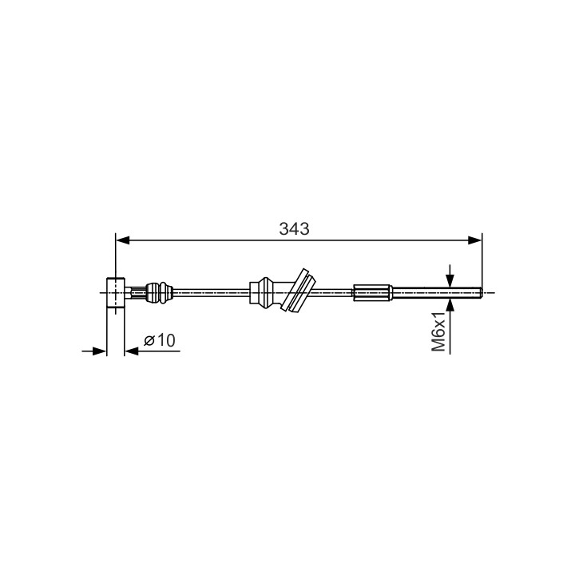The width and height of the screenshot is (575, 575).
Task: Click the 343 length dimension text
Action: click(294, 229)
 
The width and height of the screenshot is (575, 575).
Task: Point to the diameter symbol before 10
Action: click(149, 340)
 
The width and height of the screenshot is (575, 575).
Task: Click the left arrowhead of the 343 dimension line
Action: click(122, 240)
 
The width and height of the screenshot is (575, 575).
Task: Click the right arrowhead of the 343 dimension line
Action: click(475, 240)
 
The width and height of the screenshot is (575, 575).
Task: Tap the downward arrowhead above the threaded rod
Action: click(450, 280)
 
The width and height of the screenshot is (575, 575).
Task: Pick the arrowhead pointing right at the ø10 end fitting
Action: click(99, 351)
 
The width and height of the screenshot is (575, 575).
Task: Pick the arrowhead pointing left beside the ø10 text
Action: click(132, 351)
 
